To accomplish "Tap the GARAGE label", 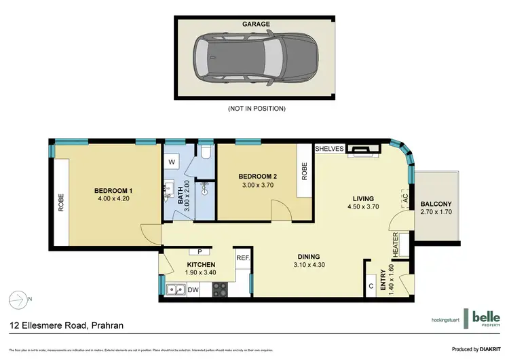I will pyautogui.click(x=256, y=24).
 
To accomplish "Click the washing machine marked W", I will pyautogui.click(x=172, y=162).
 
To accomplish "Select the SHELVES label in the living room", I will pyautogui.click(x=331, y=148).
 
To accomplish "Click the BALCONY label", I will pyautogui.click(x=437, y=204).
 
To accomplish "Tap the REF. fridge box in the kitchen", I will pyautogui.click(x=243, y=258).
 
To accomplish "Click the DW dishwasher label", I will pyautogui.click(x=193, y=290).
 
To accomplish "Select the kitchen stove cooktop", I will pyautogui.click(x=220, y=290).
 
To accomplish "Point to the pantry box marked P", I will pyautogui.click(x=200, y=251).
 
